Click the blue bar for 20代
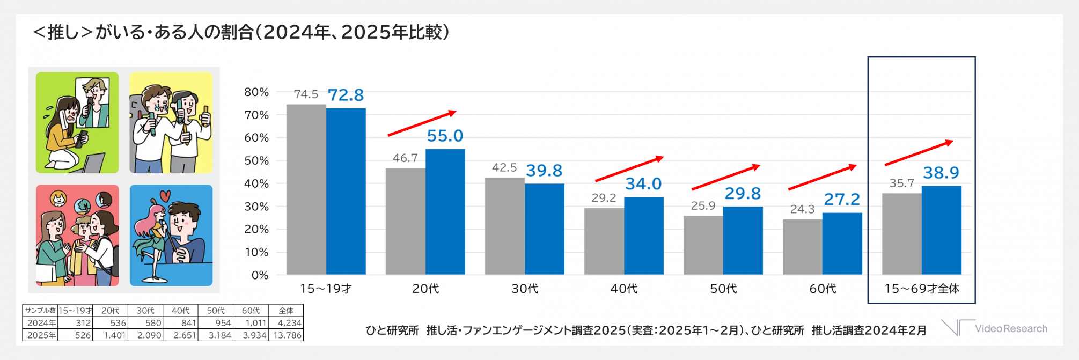coord(445,212)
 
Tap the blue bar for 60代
coord(842,244)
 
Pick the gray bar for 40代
coord(604,241)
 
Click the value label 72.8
coord(346,95)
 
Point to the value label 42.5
coord(504,167)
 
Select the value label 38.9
coord(941,173)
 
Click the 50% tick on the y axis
coord(256,161)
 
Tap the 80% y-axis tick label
coord(256,92)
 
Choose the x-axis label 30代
coord(524,289)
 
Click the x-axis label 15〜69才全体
coord(921,289)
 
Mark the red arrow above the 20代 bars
coord(422,123)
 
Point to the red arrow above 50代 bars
coord(725,177)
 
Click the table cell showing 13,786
coord(288,335)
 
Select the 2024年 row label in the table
coord(41,323)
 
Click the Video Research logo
coord(994,328)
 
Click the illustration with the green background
coord(77,122)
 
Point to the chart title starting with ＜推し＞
coord(241,33)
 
